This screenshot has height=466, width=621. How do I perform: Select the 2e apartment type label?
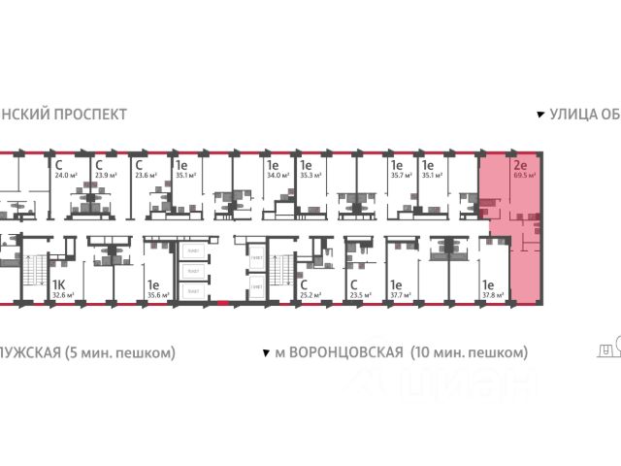coord(520,165)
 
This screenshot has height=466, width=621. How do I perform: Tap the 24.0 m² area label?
coord(65,177)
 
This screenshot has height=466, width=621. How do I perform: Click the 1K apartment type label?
coord(58,283)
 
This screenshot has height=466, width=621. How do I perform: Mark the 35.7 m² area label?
coord(401,177)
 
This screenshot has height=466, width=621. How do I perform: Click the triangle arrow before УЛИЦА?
coord(541,114)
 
